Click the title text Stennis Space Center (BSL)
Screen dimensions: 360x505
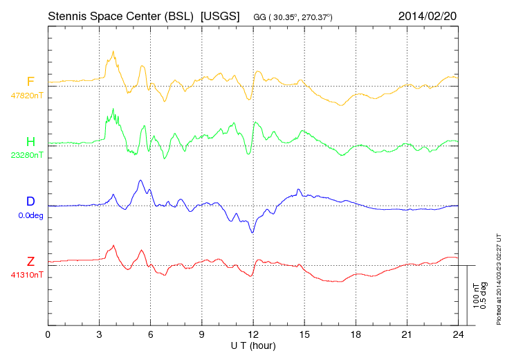coord(120,15)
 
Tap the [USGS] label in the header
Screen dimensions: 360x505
coord(219,15)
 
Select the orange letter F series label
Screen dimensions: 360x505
coord(30,82)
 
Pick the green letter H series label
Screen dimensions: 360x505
coord(30,142)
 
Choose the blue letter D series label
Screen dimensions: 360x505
coord(30,202)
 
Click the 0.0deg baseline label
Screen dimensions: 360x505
coord(31,215)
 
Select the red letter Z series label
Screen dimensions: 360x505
coord(30,262)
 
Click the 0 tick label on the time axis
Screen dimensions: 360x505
coord(48,334)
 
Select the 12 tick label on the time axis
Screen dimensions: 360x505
coord(253,334)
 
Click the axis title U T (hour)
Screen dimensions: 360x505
coord(253,345)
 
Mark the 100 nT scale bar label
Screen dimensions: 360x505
coord(476,296)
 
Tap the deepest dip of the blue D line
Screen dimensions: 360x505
coord(252,232)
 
